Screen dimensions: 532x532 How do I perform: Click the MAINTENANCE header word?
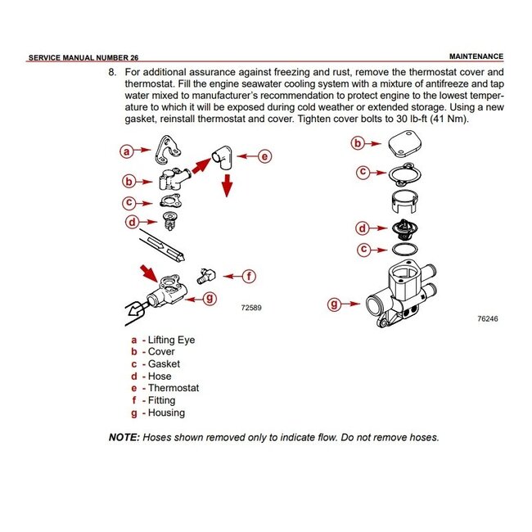point(476,57)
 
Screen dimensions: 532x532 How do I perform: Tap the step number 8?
point(113,72)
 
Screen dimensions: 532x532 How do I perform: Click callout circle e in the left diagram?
point(264,156)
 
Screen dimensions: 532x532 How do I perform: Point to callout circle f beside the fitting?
point(250,276)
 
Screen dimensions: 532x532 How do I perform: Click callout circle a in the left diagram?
point(126,151)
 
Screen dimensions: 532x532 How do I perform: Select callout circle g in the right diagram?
point(334,304)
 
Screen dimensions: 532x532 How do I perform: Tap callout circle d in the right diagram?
point(362,228)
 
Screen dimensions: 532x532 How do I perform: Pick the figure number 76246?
point(487,318)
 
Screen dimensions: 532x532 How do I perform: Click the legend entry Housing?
point(166,413)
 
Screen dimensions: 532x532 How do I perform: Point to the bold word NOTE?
point(124,437)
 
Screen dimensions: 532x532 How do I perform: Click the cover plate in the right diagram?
point(402,146)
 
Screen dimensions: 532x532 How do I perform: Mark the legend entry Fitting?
point(161,400)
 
